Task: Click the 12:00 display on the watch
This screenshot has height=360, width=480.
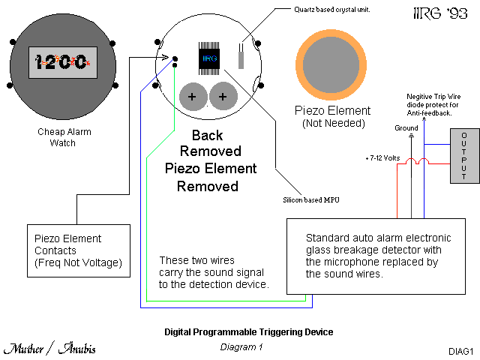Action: click(x=59, y=62)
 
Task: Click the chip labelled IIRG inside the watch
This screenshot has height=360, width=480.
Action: click(x=209, y=56)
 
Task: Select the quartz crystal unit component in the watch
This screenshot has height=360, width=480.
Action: click(x=241, y=55)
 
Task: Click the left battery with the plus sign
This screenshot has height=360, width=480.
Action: click(x=192, y=96)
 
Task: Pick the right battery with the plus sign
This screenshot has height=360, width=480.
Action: click(x=223, y=96)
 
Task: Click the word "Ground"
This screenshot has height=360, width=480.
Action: click(x=406, y=128)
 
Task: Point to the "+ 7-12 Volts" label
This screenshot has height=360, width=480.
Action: click(x=382, y=159)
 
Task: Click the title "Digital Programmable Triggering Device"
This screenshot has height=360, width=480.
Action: click(x=248, y=331)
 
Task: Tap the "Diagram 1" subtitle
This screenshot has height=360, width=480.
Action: click(x=241, y=346)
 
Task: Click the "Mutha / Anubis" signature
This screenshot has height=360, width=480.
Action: click(x=49, y=349)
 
